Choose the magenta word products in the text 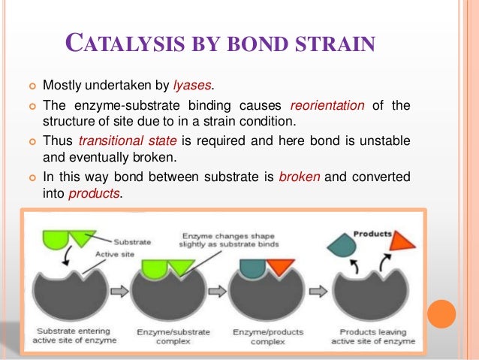[94, 193]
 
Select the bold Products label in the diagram [372, 234]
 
